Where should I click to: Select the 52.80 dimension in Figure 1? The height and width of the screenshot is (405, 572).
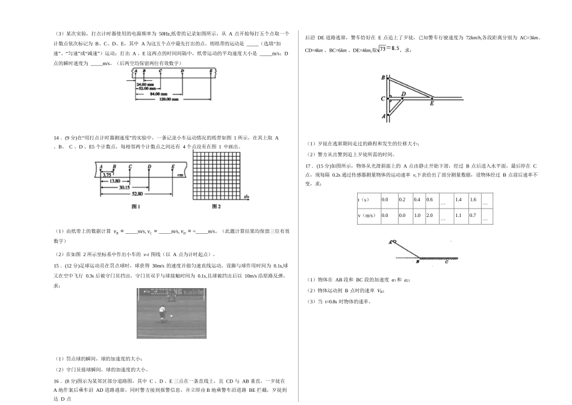137,193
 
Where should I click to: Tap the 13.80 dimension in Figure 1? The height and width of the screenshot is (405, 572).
115,181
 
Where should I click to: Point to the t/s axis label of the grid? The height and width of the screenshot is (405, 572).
247,196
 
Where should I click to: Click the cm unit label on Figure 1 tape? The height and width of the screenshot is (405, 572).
179,175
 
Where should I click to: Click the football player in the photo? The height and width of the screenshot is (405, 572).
161,312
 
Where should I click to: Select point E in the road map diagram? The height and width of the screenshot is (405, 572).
432,103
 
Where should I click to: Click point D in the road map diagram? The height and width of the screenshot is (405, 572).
403,94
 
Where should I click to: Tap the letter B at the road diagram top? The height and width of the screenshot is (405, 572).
384,78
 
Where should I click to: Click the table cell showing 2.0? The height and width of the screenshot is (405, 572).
430,215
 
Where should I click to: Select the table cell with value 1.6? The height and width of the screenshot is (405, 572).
473,199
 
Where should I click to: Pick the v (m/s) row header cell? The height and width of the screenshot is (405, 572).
367,215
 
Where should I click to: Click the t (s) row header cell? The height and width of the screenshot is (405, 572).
367,199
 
